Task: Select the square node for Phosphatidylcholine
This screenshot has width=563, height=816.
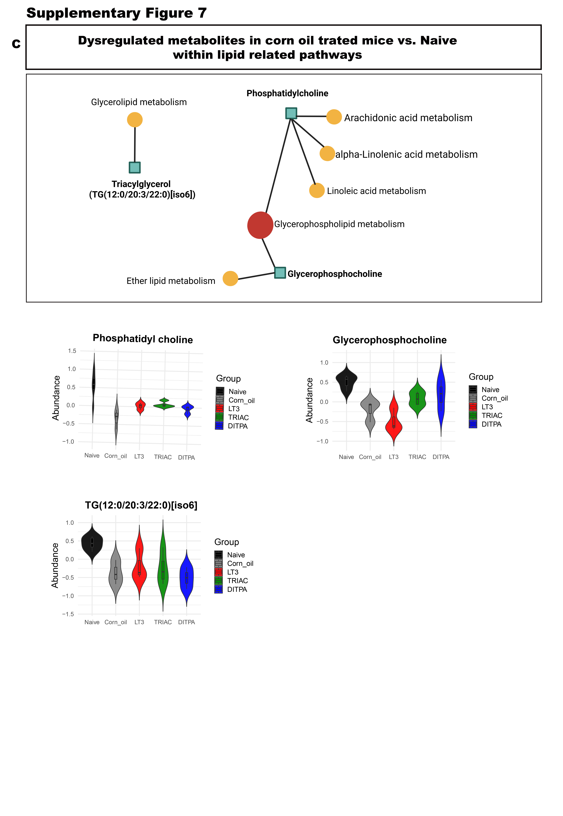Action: pyautogui.click(x=291, y=113)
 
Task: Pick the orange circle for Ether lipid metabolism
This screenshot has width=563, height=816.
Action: pyautogui.click(x=230, y=279)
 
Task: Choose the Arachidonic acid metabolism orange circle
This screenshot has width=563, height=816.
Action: pyautogui.click(x=334, y=117)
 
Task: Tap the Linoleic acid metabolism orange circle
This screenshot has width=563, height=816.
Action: pyautogui.click(x=317, y=190)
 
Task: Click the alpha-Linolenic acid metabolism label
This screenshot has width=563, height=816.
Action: pyautogui.click(x=406, y=155)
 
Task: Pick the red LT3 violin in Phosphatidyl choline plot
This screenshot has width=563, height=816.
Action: pyautogui.click(x=140, y=406)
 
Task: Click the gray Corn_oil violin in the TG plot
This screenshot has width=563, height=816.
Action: pyautogui.click(x=116, y=573)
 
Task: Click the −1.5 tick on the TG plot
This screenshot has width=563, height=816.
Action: pyautogui.click(x=68, y=614)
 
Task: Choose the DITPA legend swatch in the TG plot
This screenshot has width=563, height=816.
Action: pyautogui.click(x=218, y=589)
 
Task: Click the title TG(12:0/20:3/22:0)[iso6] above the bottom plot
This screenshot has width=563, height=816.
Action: pyautogui.click(x=141, y=505)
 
